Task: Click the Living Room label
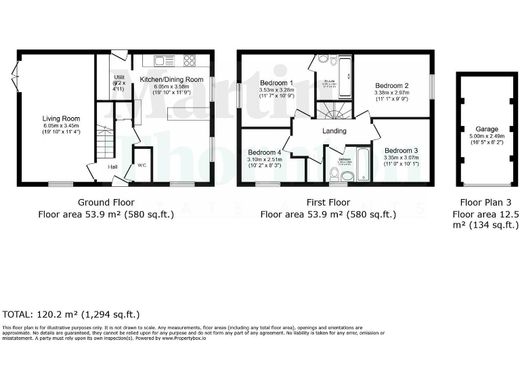pyautogui.click(x=57, y=118)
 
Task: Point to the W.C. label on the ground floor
pyautogui.click(x=142, y=165)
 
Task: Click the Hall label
pyautogui.click(x=112, y=166)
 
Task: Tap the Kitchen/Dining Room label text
pyautogui.click(x=171, y=79)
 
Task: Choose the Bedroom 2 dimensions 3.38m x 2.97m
pyautogui.click(x=393, y=93)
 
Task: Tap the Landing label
pyautogui.click(x=334, y=131)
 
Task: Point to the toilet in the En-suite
pyautogui.click(x=323, y=60)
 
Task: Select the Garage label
pyautogui.click(x=487, y=129)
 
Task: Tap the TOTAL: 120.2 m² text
pyautogui.click(x=71, y=314)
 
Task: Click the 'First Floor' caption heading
pyautogui.click(x=328, y=202)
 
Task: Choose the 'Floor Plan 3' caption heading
pyautogui.click(x=486, y=202)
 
